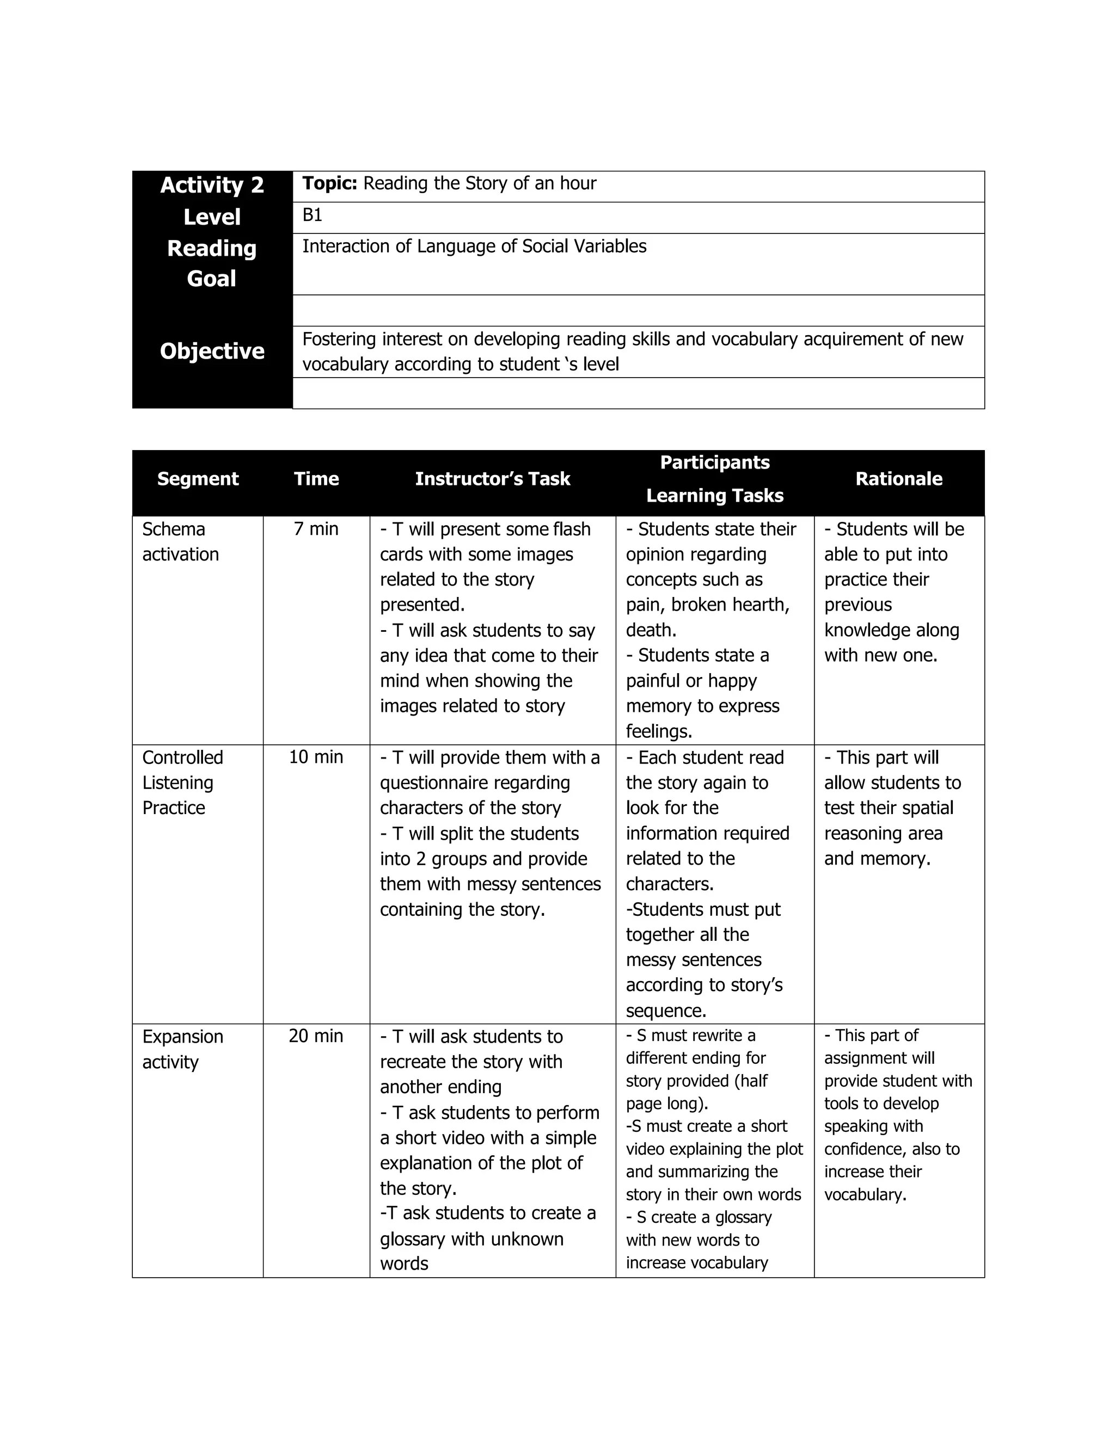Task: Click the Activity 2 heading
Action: click(x=211, y=185)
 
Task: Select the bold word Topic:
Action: click(x=329, y=183)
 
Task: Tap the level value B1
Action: click(x=312, y=215)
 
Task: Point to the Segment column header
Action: click(x=198, y=479)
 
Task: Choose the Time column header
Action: click(x=316, y=479)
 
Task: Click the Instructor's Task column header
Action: click(x=492, y=479)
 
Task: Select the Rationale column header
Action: click(x=898, y=479)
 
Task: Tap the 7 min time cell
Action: click(x=316, y=529)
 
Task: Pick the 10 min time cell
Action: click(x=316, y=757)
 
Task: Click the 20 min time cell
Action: click(x=316, y=1036)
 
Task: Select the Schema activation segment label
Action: click(x=180, y=541)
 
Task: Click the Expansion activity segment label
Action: click(x=182, y=1049)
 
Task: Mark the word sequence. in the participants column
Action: click(x=666, y=1011)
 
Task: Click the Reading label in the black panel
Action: click(x=211, y=248)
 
